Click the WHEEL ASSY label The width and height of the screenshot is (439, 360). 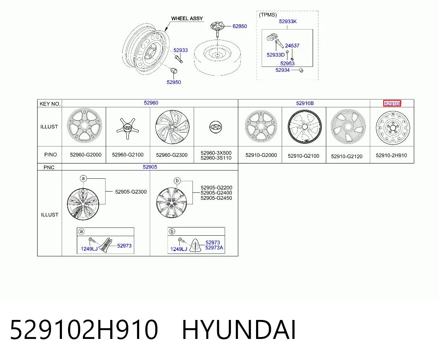tap(187, 19)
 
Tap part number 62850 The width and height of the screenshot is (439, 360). tap(240, 26)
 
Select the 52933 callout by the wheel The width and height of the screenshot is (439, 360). tap(180, 50)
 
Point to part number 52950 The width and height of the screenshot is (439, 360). tap(174, 82)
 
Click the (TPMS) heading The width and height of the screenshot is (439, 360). tap(268, 15)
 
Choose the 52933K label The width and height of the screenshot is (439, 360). tap(288, 21)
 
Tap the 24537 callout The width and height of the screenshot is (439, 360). tap(292, 46)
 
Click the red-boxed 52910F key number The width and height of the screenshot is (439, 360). tap(392, 104)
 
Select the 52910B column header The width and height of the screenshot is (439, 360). tap(305, 103)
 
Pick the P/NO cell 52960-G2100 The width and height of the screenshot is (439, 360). tap(128, 155)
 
